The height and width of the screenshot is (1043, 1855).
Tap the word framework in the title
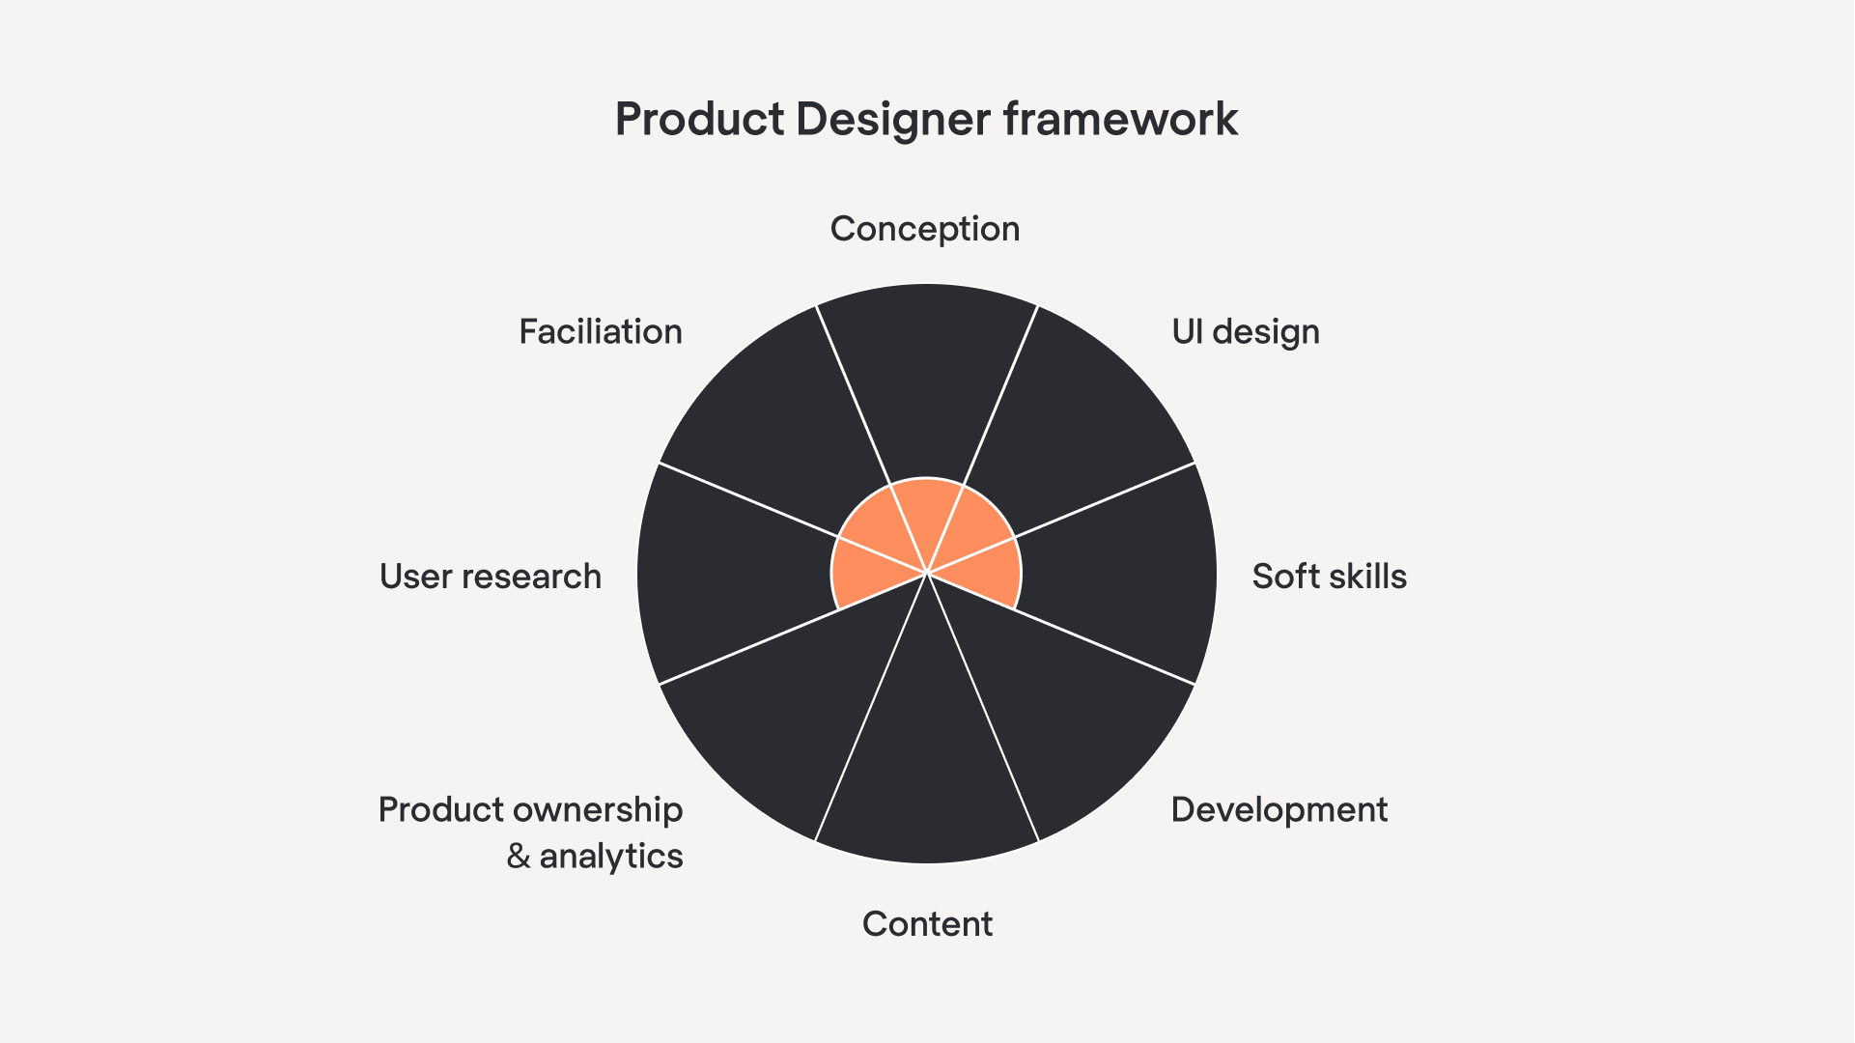click(1120, 120)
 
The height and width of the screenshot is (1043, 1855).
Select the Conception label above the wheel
click(925, 229)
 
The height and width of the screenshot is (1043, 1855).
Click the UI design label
click(1245, 332)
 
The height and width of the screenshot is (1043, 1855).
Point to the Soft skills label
click(1329, 577)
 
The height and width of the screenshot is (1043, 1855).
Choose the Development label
click(1279, 809)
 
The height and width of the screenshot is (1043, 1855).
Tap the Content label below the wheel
click(927, 924)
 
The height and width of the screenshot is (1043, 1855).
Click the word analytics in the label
click(611, 857)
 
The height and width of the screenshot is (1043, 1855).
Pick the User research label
click(491, 577)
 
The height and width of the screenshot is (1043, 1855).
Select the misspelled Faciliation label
click(601, 332)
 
